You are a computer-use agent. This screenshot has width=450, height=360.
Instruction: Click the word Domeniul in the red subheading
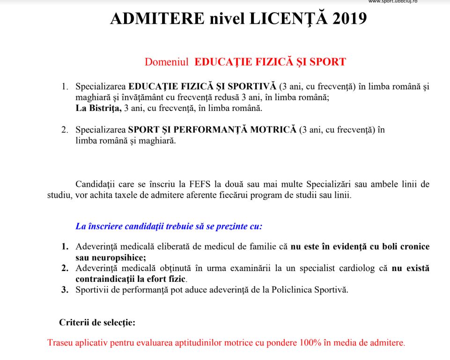(x=167, y=62)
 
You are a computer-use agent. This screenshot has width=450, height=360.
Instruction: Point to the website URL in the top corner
(x=392, y=2)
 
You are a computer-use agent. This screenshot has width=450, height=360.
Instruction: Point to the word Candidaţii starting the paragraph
(x=96, y=184)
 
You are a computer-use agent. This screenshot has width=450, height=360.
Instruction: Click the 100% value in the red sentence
(x=311, y=343)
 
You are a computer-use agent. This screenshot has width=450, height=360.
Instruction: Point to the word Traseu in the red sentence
(x=59, y=343)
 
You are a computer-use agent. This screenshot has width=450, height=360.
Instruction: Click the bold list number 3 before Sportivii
(x=65, y=290)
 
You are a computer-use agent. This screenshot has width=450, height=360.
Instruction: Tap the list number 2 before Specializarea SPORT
(x=65, y=130)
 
